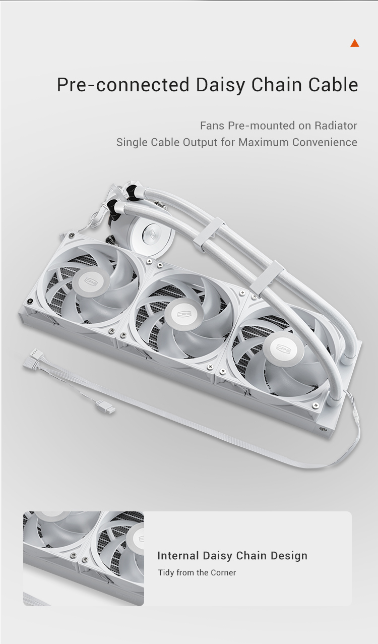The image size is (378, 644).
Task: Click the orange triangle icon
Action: coord(355,43)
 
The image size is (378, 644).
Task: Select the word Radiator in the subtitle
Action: coord(336,126)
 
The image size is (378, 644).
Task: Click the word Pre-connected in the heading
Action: coord(123,85)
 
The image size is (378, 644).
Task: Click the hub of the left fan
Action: coord(91,282)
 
